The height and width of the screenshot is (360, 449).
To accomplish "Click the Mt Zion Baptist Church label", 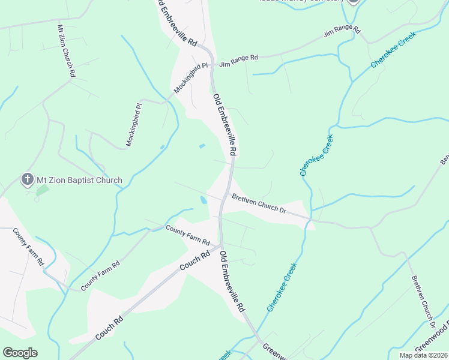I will pos(79,180).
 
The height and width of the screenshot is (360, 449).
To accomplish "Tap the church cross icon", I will pos(26,179).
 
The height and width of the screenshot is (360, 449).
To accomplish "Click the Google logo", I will pos(20,353).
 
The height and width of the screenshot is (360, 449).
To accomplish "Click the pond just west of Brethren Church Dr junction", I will pos(204,199).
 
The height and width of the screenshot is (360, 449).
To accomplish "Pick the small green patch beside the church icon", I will pos(41,191).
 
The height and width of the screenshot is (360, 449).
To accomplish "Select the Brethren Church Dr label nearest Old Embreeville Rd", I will pos(259,204).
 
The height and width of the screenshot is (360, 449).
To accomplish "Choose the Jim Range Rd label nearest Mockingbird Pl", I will pos(238,61).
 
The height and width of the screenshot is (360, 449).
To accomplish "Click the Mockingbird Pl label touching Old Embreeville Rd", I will pos(191,77).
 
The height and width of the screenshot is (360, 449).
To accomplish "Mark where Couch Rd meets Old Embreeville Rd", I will pos(221,246).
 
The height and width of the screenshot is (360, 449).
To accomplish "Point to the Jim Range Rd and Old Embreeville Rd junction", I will pos(211,62).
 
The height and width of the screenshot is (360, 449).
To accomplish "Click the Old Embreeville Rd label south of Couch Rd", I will pos(232,281).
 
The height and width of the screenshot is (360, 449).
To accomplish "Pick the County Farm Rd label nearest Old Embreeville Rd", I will pos(187,235).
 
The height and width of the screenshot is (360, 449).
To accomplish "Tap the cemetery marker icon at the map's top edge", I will pos(353,2).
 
